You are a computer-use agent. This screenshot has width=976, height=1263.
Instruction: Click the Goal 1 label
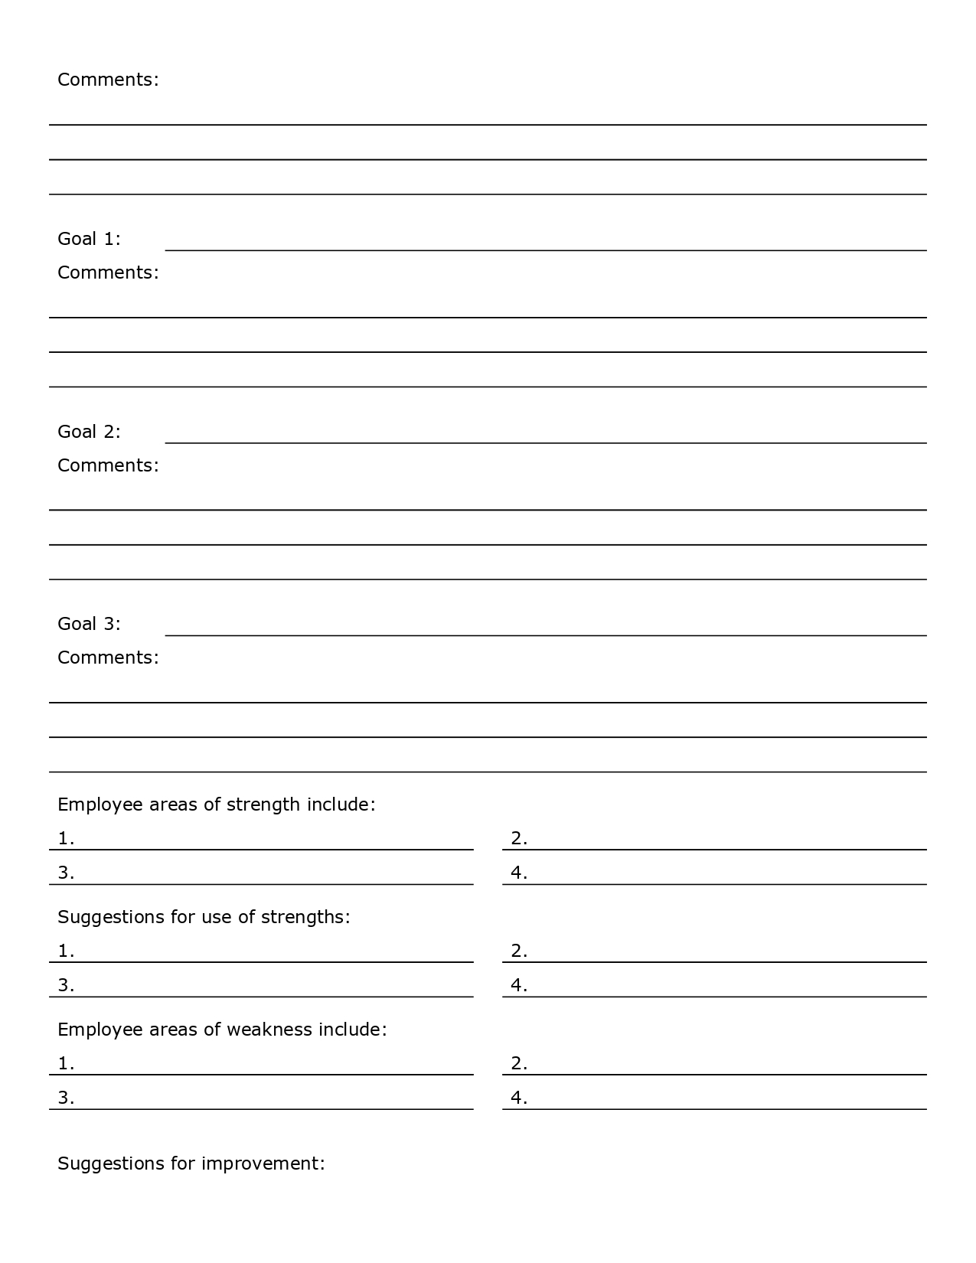(89, 239)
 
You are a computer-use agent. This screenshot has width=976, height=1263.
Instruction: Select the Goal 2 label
(89, 432)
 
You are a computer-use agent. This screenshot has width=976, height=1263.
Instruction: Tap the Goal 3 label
(89, 624)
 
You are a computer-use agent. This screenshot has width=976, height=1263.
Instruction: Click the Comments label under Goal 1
(108, 273)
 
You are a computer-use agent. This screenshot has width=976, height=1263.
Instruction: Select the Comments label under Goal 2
(108, 465)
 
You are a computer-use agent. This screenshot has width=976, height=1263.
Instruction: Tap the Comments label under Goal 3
(108, 658)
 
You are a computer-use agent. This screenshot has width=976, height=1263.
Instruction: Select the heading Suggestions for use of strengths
(204, 917)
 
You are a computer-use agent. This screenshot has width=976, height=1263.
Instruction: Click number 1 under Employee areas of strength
(66, 839)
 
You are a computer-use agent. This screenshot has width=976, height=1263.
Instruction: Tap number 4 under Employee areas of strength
(519, 873)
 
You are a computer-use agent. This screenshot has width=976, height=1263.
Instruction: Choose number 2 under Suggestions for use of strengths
(519, 951)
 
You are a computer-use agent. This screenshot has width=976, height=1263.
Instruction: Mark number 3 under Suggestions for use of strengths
(66, 986)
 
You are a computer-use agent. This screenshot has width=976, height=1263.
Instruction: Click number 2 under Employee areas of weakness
(519, 1064)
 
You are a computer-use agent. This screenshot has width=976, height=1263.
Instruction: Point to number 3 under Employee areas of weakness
(66, 1098)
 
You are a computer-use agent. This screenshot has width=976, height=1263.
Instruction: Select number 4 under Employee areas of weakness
(519, 1098)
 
